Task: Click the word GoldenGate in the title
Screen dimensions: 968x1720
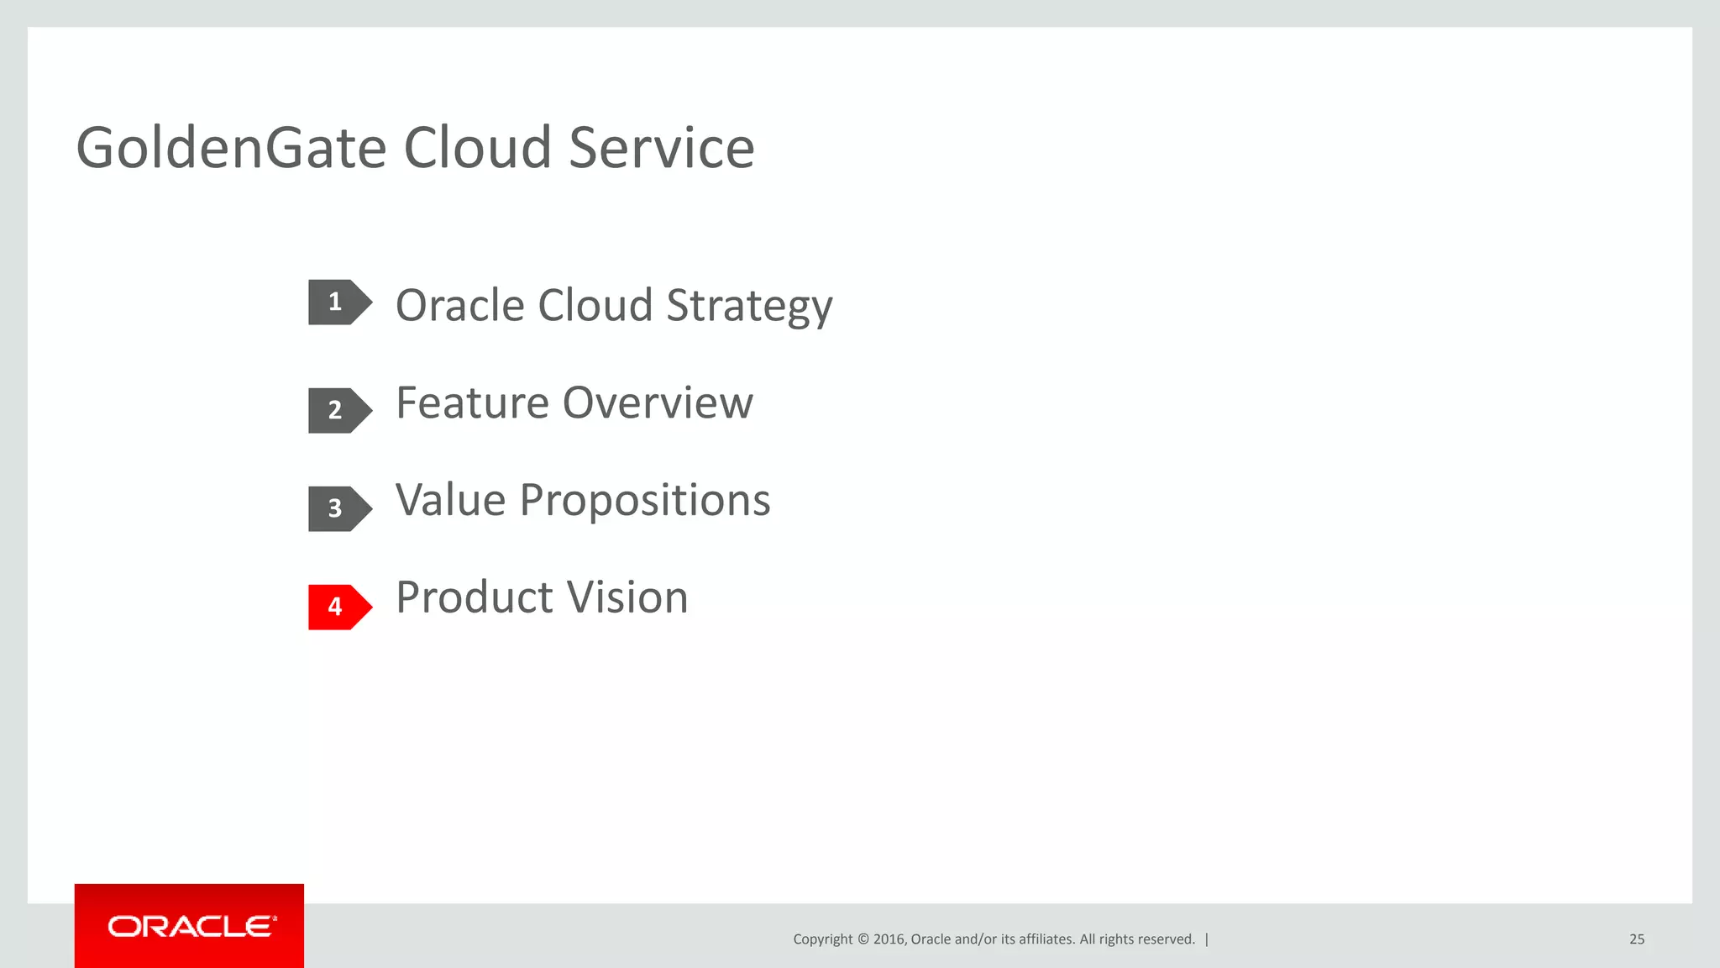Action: pos(231,148)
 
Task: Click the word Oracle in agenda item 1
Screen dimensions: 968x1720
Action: pos(459,305)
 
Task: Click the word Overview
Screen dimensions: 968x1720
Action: pos(658,402)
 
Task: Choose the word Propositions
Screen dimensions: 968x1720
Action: pos(644,502)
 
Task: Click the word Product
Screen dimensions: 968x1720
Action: pos(475,597)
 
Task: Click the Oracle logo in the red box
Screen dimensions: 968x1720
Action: pos(190,926)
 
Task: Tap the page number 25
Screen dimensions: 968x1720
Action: pos(1636,939)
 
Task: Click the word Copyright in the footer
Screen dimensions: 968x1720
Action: pos(822,939)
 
